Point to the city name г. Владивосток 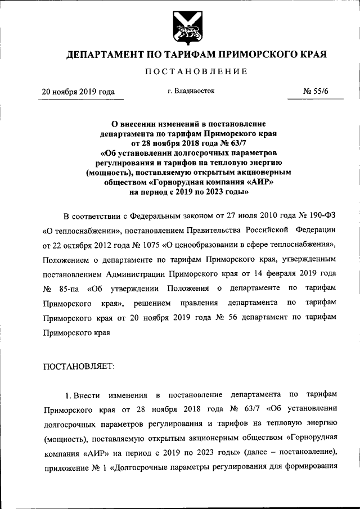pyautogui.click(x=190, y=90)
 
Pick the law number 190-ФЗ pyautogui.click(x=319, y=216)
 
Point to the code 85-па pyautogui.click(x=70, y=289)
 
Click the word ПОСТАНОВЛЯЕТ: pyautogui.click(x=79, y=366)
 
